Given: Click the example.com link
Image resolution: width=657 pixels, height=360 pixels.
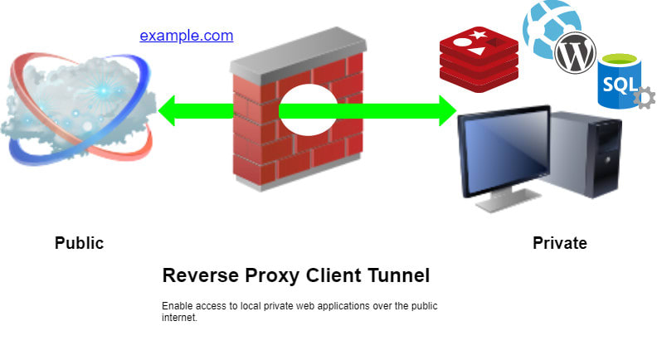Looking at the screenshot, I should pos(187,36).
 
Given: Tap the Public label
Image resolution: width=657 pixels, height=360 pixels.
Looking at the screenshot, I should pos(79,243).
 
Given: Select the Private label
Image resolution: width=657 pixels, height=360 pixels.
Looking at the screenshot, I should pos(559,243).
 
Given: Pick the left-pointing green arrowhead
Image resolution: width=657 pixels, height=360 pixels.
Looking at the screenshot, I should pos(169,110).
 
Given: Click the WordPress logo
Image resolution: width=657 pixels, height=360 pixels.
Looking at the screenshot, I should pos(576,54).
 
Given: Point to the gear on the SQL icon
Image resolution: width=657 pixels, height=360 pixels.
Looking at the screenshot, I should pos(643,100).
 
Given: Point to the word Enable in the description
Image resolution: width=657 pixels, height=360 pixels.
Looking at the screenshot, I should pos(174,306).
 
